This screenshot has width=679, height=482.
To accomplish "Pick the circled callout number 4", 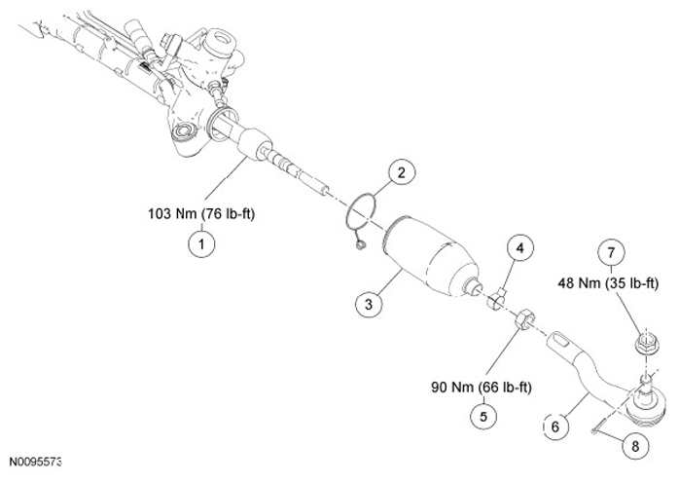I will tap(520, 249).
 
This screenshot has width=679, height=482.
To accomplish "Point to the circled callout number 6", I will tap(553, 426).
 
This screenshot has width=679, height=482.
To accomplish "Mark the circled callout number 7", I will tap(613, 255).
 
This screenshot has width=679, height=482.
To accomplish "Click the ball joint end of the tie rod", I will tap(645, 398).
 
